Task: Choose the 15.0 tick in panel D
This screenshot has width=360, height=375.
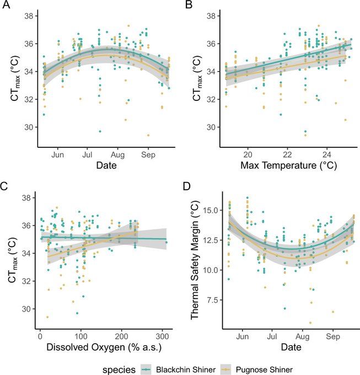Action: pos(210,210)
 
